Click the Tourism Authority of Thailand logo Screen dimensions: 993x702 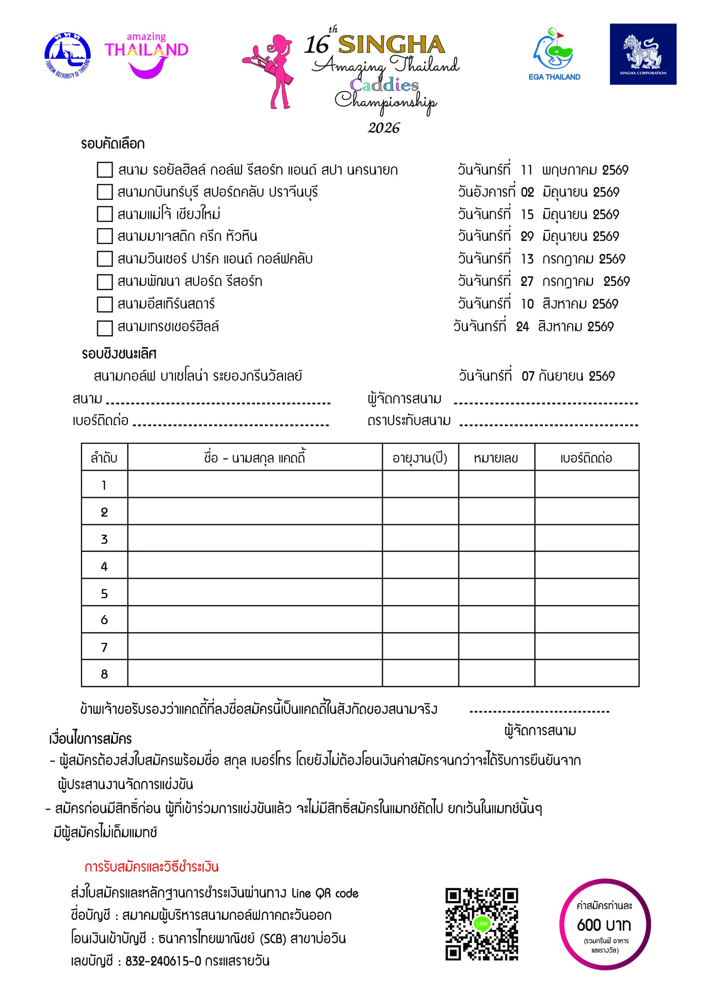[67, 55]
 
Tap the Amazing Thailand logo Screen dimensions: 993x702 [146, 55]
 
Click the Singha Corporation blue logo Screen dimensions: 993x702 [643, 54]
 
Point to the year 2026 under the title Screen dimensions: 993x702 [384, 128]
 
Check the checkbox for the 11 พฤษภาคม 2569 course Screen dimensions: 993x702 [105, 170]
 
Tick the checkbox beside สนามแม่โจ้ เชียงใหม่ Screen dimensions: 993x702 [105, 214]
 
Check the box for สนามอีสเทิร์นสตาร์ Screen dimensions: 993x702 [105, 304]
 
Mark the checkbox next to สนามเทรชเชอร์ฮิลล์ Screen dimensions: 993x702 [105, 328]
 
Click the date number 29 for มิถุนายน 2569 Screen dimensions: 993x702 [527, 237]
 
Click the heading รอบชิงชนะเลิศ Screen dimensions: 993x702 [119, 354]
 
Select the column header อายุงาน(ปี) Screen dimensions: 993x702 [420, 458]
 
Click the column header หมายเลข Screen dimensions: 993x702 [496, 458]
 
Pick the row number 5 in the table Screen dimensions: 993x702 [104, 593]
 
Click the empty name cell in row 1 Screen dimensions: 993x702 [255, 484]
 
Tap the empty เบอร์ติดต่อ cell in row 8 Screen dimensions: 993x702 [586, 673]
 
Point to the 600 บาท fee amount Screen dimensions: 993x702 [604, 925]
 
